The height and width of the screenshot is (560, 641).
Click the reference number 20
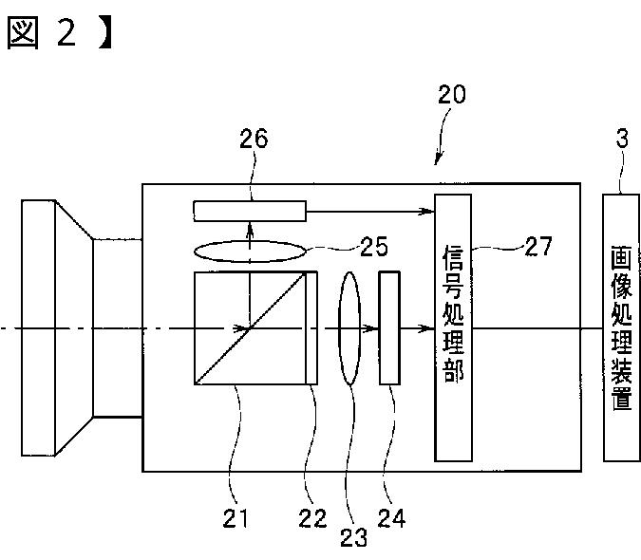point(452,96)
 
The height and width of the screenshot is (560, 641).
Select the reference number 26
point(253,139)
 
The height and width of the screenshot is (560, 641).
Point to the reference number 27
point(537,248)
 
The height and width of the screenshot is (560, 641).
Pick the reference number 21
point(235,517)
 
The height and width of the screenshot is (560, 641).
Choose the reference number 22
point(313,518)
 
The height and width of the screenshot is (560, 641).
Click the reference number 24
point(391,518)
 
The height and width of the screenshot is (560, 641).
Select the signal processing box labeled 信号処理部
point(453,327)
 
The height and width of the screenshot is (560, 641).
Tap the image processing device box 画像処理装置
point(621,327)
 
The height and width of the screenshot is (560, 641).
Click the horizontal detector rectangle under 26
point(250,210)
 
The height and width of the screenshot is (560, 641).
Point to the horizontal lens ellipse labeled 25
point(250,252)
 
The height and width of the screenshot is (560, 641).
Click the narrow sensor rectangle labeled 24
point(389,328)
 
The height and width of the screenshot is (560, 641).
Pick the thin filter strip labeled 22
point(311,328)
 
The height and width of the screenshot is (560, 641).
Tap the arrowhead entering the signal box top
point(427,210)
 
